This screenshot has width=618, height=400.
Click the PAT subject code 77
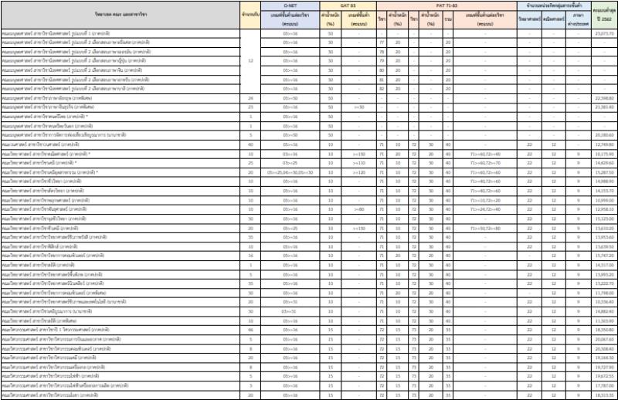(382, 42)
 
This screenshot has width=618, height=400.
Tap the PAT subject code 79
(382, 60)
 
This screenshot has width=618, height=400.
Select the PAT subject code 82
(382, 88)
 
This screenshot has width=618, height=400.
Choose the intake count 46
(250, 329)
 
